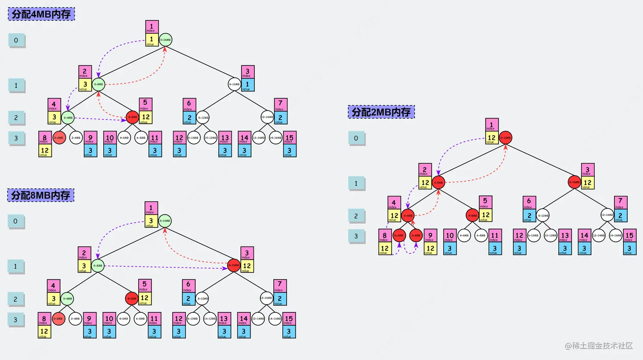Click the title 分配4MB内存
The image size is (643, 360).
point(41,14)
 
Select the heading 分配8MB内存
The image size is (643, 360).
point(41,195)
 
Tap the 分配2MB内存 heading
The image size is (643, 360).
point(381,112)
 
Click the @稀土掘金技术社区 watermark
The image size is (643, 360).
point(599,346)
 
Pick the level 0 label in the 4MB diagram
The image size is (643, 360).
point(16,40)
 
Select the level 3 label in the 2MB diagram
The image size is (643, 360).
point(356,236)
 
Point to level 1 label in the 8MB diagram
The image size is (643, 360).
point(16,266)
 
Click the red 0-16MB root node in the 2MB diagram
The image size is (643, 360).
point(505,137)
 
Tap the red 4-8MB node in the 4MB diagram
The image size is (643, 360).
point(132,117)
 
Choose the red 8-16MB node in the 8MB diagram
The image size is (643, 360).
point(233,265)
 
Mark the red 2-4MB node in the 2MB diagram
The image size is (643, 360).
point(416,235)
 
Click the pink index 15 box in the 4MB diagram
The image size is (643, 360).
point(289,138)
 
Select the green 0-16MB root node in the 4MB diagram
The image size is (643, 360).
point(165,40)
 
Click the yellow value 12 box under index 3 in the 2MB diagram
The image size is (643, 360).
point(587,183)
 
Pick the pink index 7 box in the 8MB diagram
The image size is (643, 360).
point(279,285)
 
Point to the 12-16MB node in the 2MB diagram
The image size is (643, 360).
point(607,215)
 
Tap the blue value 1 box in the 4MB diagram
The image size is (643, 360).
point(248,85)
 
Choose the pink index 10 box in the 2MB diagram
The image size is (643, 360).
point(450,235)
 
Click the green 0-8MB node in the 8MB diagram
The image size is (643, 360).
point(98,266)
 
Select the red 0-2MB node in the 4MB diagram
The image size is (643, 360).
point(59,138)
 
